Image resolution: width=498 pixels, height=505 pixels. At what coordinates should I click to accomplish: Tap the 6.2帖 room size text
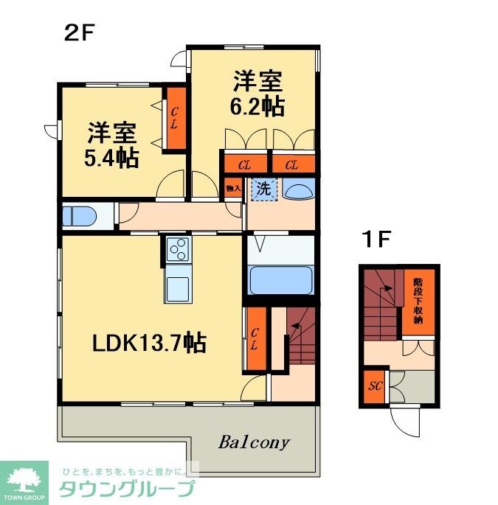(256, 105)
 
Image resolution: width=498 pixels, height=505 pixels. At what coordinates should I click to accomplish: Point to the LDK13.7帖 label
(148, 342)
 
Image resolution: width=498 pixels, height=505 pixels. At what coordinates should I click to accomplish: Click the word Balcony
(255, 443)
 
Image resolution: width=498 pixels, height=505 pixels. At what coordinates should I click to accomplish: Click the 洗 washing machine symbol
(263, 188)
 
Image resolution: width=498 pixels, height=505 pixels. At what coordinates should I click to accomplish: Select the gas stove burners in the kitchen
(178, 251)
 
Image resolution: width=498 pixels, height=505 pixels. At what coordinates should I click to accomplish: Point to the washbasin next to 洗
(300, 191)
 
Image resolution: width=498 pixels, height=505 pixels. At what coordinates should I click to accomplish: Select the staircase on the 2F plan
(300, 339)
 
